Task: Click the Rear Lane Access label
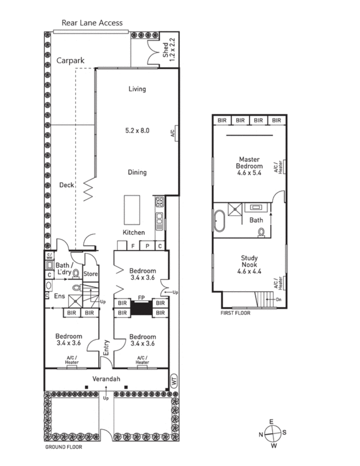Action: click(x=92, y=23)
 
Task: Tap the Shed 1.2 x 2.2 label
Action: click(x=169, y=49)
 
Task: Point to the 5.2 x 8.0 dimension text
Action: click(x=137, y=131)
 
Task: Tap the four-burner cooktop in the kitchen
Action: click(x=159, y=202)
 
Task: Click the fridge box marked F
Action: click(x=133, y=246)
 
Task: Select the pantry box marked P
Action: click(x=147, y=246)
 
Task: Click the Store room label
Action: click(x=91, y=274)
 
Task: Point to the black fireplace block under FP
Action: click(x=141, y=308)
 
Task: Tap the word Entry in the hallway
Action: click(x=106, y=348)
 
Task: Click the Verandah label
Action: click(x=106, y=379)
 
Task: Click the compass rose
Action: click(x=272, y=433)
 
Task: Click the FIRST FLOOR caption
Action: click(x=235, y=313)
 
